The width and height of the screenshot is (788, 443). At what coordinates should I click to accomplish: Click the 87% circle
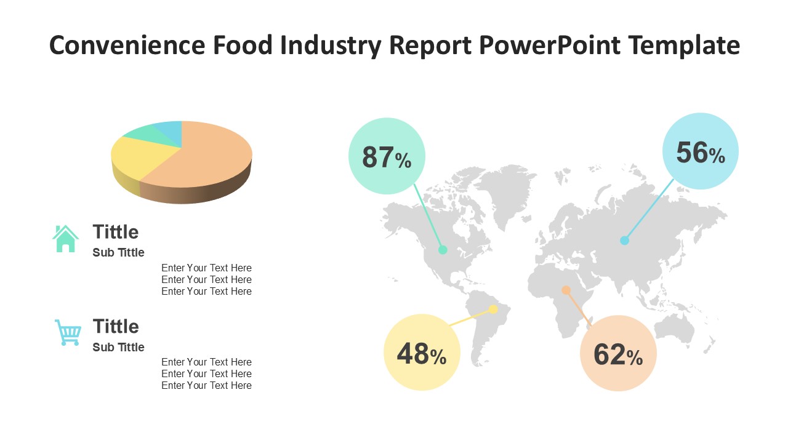click(x=387, y=156)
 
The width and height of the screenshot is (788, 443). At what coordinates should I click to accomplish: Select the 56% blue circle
click(x=701, y=151)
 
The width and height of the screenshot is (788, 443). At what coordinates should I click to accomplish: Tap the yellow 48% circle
click(x=422, y=353)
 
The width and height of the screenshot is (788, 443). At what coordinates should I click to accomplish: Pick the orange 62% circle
click(x=618, y=353)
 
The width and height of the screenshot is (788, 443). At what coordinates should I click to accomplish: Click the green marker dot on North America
click(x=443, y=250)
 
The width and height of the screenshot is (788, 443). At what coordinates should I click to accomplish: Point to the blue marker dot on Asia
click(x=625, y=241)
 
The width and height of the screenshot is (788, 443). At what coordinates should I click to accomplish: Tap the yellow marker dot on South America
click(x=493, y=309)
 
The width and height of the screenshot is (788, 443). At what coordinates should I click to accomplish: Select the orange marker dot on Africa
click(x=566, y=290)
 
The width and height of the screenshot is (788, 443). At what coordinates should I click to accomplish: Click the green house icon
click(x=66, y=239)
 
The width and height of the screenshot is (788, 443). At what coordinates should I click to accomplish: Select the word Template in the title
click(x=685, y=46)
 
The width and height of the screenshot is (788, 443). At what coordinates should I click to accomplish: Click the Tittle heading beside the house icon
click(x=116, y=232)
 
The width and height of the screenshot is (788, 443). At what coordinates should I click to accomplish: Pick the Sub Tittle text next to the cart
click(x=118, y=347)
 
